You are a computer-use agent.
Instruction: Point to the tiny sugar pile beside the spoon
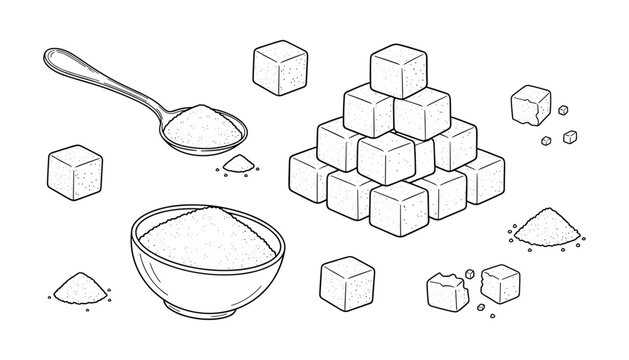236,163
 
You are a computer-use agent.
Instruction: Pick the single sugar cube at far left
75,171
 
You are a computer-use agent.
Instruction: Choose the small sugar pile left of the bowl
76,290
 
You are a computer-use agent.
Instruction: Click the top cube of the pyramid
400,71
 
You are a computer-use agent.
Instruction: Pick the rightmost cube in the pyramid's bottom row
482,178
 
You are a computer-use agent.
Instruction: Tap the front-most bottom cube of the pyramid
398,207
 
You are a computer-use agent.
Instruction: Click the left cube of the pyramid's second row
340,145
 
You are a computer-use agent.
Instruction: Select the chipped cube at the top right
530,104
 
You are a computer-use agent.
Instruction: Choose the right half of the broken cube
499,284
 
